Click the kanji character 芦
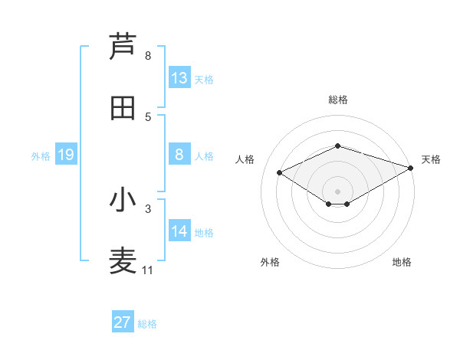pos(123,47)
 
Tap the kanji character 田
pos(123,108)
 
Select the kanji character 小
pos(123,200)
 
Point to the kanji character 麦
pos(123,261)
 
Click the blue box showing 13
pos(179,78)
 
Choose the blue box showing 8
pos(179,155)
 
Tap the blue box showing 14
pos(179,231)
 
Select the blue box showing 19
pos(66,155)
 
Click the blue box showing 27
pos(123,322)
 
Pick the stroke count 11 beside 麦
pos(148,270)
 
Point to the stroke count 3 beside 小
pos(148,208)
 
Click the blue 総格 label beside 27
pos(148,324)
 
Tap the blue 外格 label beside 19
pos(41,156)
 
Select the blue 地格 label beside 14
pos(204,233)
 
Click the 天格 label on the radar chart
pos(431,159)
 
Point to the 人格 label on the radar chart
pos(245,159)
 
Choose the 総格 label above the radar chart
pos(338,100)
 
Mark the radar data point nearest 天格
pos(412,167)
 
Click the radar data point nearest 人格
pos(280,172)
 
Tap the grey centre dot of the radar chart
pos(338,191)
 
